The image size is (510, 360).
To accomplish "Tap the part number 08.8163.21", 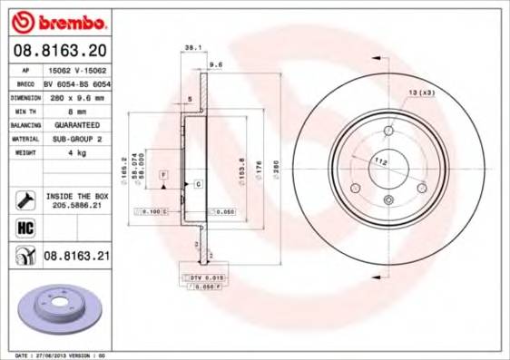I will [x=77, y=258].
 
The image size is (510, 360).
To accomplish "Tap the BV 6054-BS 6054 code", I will [x=76, y=81].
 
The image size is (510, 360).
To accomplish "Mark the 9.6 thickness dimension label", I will [x=215, y=65].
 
